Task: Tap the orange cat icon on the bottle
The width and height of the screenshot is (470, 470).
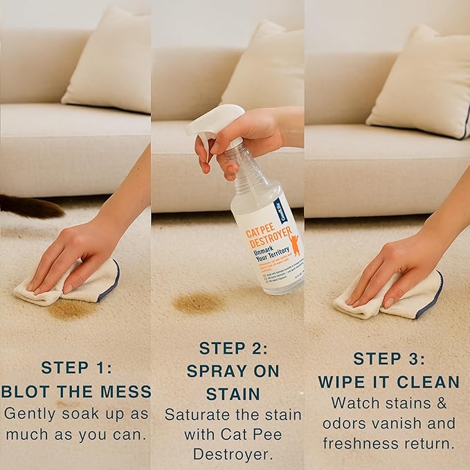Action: tap(294, 244)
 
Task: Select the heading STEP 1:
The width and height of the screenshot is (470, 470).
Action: tap(76, 368)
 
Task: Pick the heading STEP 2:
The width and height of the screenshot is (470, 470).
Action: tap(233, 348)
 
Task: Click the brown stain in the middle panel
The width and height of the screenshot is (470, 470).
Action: tap(199, 302)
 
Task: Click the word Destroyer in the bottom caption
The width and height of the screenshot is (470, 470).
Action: tap(232, 455)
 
